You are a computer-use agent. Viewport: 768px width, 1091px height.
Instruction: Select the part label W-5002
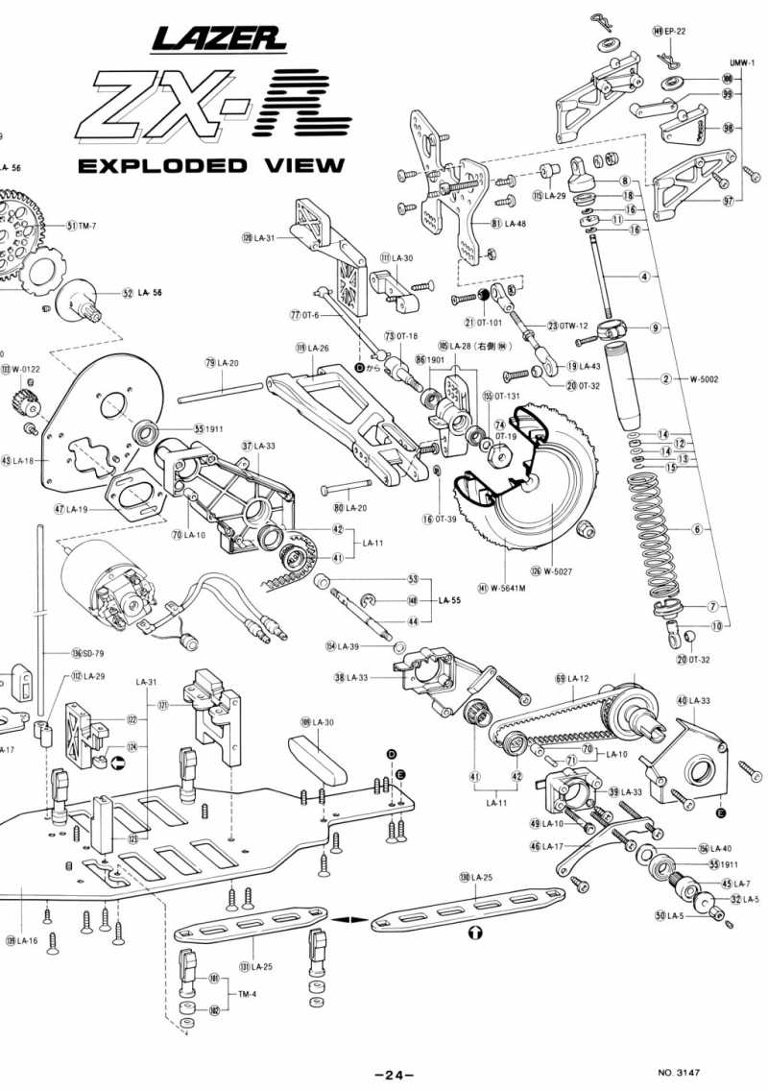(x=704, y=378)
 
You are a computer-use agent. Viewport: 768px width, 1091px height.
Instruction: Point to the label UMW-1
(x=743, y=62)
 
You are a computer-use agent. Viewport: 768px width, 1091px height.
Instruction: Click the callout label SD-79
(x=92, y=653)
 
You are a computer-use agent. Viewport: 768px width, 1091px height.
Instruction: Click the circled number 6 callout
(x=697, y=529)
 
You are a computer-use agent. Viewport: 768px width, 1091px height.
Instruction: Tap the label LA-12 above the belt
(x=576, y=679)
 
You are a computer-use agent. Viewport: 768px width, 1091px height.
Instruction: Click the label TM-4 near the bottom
(x=248, y=994)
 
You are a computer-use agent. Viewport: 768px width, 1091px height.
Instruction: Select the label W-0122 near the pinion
(x=24, y=369)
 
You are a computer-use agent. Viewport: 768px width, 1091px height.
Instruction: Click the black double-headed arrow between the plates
(x=349, y=919)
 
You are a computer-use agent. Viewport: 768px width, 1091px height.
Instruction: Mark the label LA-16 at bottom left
(x=26, y=940)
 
